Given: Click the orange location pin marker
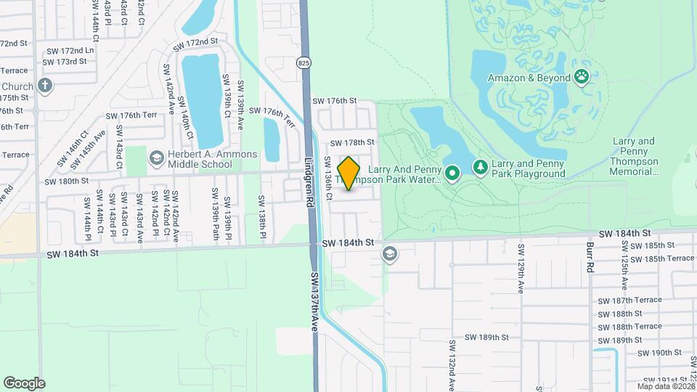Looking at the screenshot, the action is tap(348, 173).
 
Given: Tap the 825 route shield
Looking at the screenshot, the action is tap(303, 63).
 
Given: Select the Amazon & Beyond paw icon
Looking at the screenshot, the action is tap(581, 76).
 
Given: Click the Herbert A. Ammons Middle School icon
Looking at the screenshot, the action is tap(156, 158).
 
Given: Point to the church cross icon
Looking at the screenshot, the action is tap(45, 86).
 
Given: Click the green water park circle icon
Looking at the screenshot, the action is tap(452, 173).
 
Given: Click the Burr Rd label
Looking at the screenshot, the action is tap(589, 253).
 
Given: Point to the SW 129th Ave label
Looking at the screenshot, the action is tap(521, 269).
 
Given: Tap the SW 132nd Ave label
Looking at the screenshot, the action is tap(451, 364).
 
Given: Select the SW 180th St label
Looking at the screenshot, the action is tap(67, 181).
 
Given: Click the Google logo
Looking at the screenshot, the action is tap(24, 383).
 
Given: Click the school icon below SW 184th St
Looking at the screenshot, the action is tap(390, 253).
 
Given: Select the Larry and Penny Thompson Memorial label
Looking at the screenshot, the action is tap(634, 157).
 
